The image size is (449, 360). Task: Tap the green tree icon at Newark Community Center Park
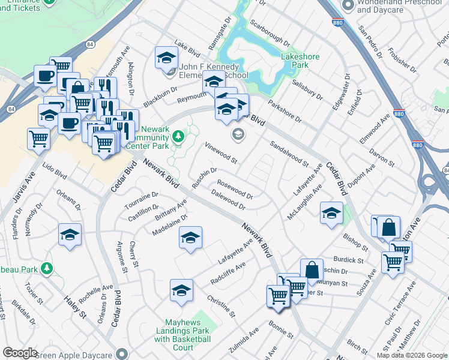click(178, 137)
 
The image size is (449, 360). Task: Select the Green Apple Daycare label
click(76, 354)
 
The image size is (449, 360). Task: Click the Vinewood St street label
click(221, 153)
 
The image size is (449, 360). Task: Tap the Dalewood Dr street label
click(228, 199)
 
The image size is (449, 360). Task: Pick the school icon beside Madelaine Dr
click(190, 238)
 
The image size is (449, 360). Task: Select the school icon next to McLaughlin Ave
click(331, 213)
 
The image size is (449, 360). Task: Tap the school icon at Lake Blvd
click(166, 58)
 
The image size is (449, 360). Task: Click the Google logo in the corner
click(20, 353)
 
